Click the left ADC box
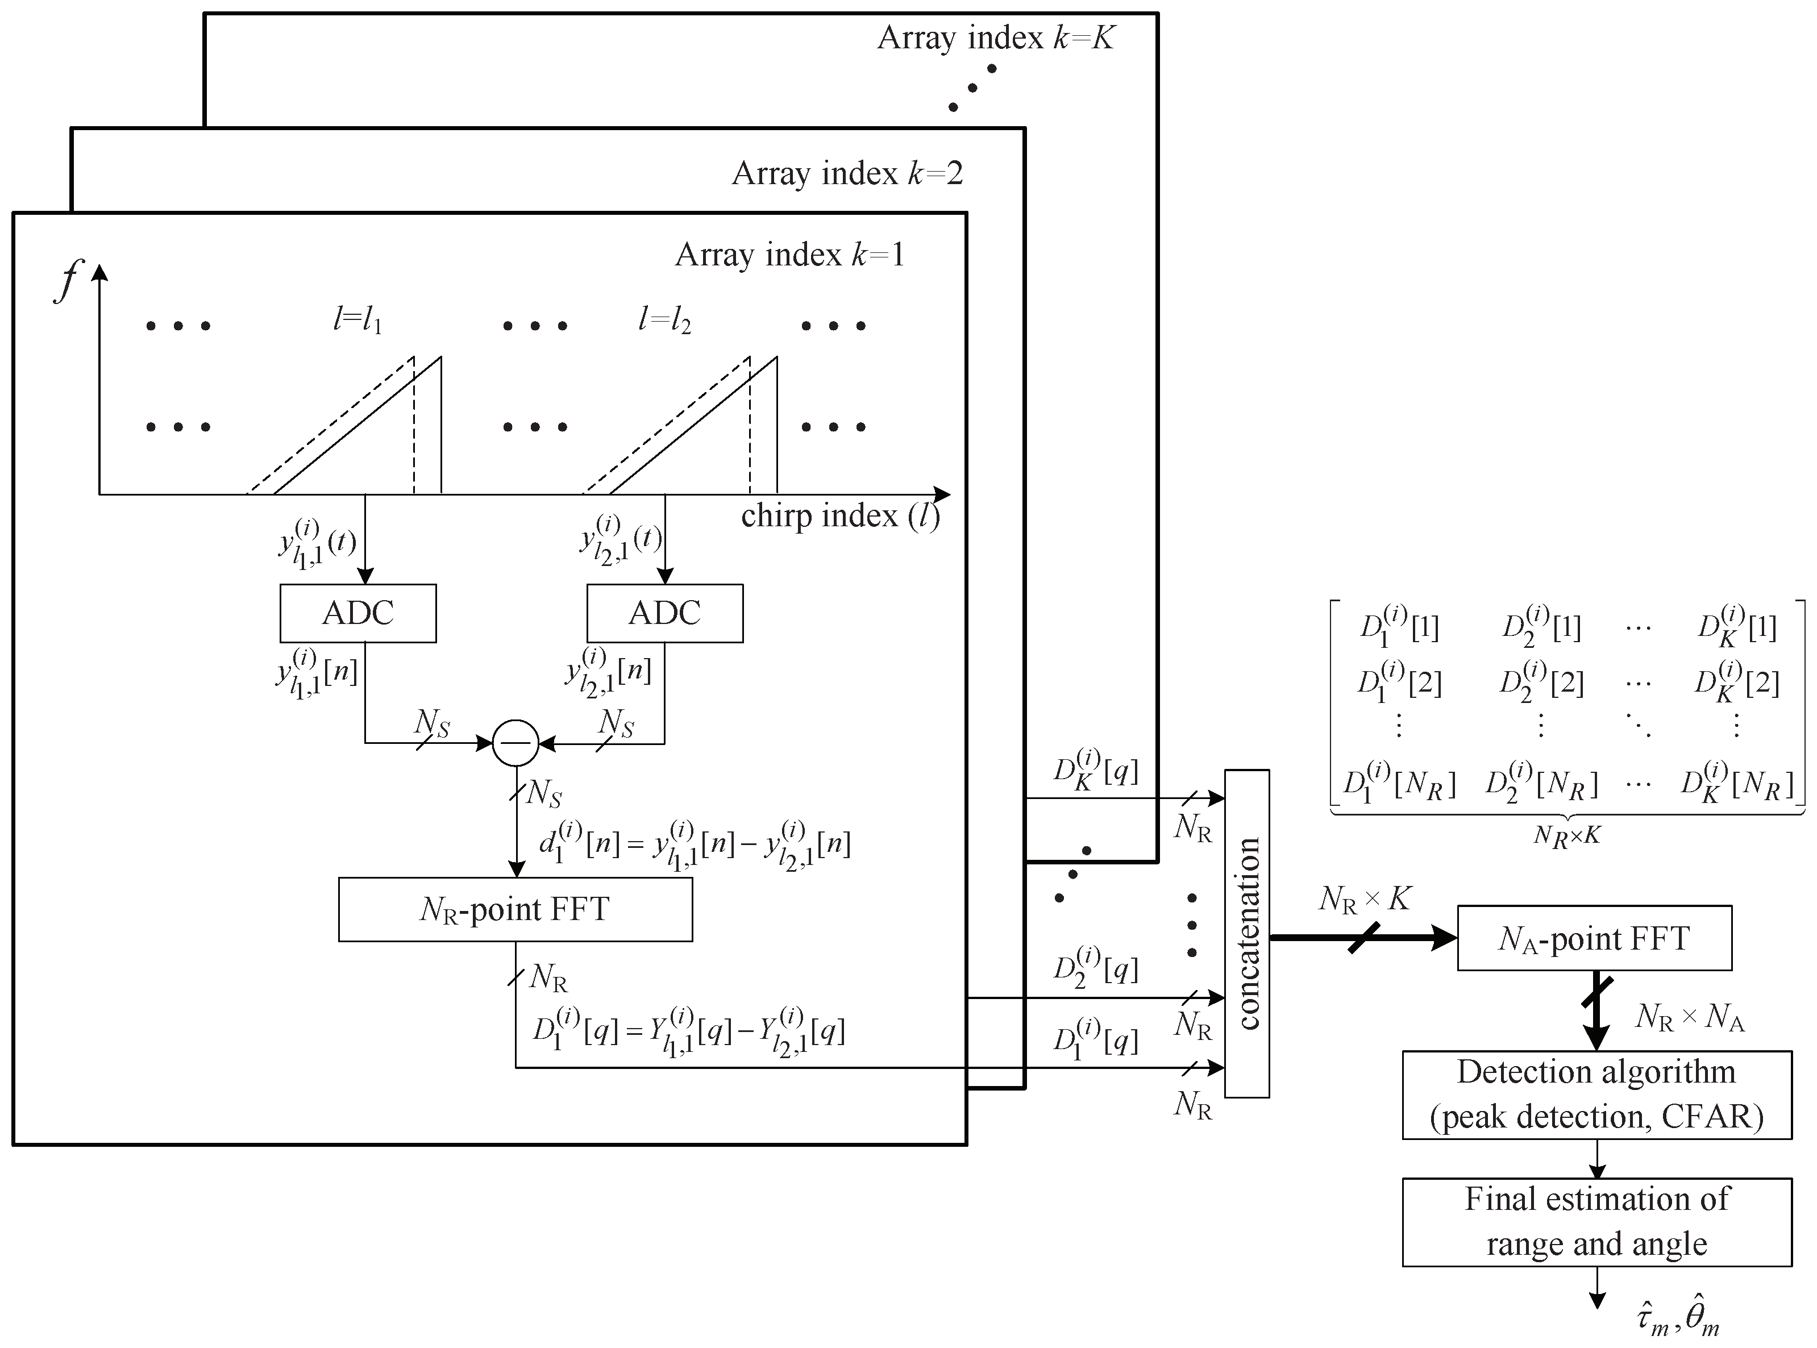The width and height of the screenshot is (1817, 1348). (x=357, y=613)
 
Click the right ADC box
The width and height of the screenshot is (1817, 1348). (x=664, y=613)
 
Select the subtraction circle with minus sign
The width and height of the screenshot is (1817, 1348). (x=515, y=743)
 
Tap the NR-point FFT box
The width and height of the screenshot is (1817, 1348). (x=515, y=909)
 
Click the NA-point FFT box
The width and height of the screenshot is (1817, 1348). (x=1594, y=938)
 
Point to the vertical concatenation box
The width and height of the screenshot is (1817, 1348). (x=1247, y=934)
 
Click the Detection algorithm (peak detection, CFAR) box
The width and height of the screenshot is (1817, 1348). (x=1596, y=1094)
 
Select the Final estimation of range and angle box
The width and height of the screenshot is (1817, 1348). (x=1596, y=1221)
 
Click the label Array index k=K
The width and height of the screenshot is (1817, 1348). (x=995, y=38)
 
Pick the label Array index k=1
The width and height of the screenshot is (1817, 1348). (x=790, y=255)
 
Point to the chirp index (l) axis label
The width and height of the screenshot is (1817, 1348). (x=841, y=515)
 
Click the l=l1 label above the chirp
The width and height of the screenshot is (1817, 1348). (x=357, y=320)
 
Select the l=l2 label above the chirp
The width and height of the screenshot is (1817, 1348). (x=664, y=320)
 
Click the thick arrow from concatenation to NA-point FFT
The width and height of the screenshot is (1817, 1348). (x=1362, y=938)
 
